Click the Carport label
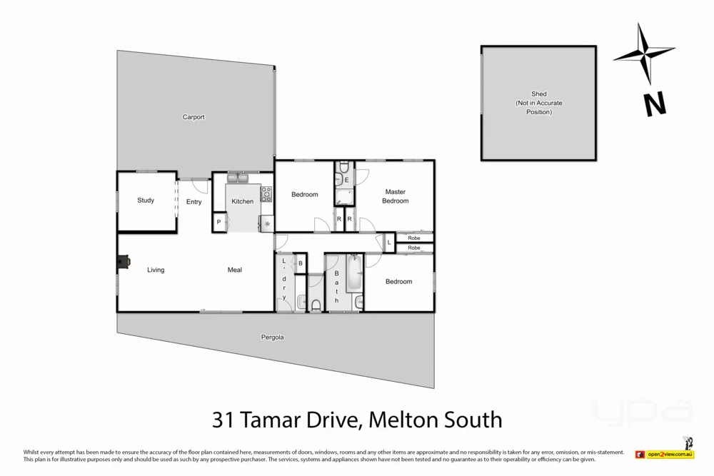(193, 117)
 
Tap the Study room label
(146, 201)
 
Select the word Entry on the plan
(194, 202)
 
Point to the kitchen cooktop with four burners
(266, 193)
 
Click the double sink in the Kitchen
(238, 178)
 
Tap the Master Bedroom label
(395, 196)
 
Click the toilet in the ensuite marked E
(343, 168)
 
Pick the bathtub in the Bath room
(354, 275)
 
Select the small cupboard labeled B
(301, 263)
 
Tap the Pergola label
(273, 338)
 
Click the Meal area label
(235, 270)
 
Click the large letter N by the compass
(655, 106)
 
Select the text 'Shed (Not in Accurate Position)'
(539, 103)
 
